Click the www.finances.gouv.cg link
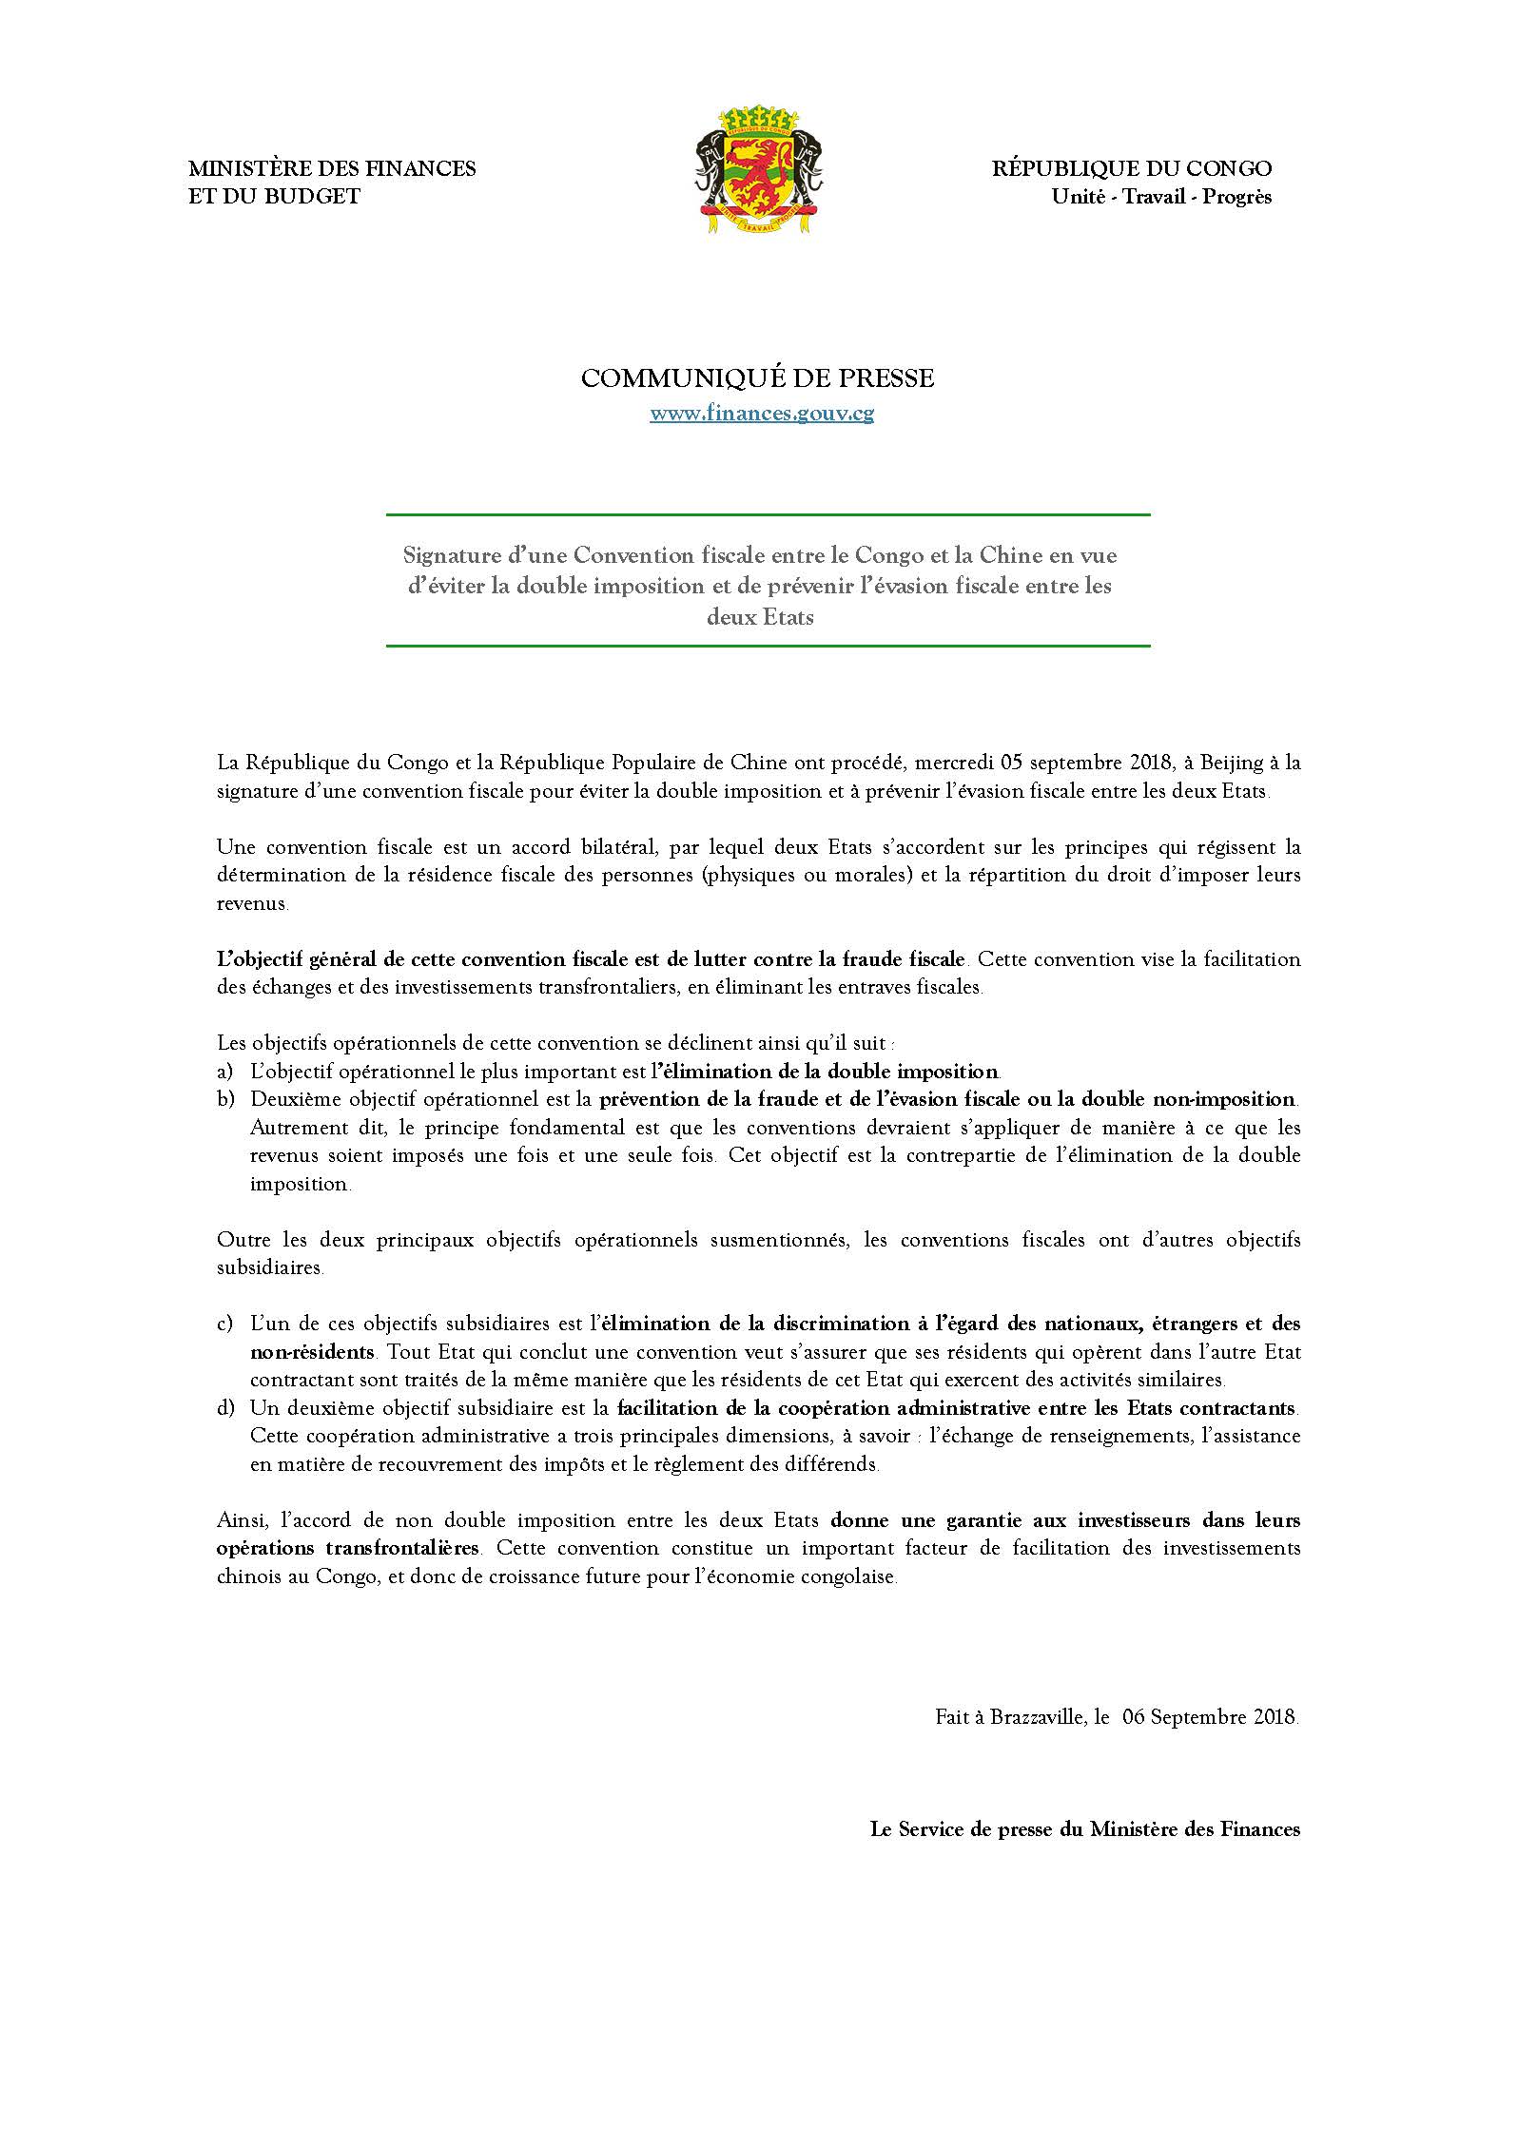point(761,414)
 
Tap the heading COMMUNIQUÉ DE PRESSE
point(757,378)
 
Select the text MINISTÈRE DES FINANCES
point(332,169)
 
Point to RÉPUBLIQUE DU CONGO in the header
point(1132,169)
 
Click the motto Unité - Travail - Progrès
point(1160,197)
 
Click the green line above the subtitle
point(768,514)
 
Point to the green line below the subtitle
point(768,647)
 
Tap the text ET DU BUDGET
point(274,197)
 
